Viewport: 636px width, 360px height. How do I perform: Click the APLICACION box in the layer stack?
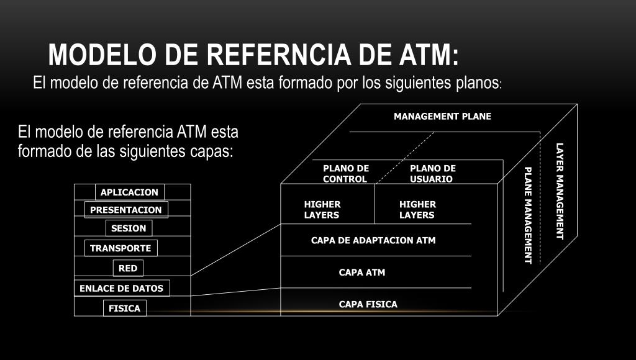coord(130,192)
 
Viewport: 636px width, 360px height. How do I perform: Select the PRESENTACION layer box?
coord(126,210)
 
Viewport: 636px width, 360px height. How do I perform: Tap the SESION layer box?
coord(129,228)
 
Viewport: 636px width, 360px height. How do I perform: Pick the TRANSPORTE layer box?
coord(121,248)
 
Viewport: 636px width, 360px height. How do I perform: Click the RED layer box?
coord(128,268)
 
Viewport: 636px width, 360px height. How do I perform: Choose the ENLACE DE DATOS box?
coord(122,288)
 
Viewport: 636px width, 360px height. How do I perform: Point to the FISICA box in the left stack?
coord(124,308)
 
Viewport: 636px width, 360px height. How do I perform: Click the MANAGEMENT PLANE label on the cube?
coord(442,117)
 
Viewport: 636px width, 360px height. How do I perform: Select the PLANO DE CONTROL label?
coord(345,174)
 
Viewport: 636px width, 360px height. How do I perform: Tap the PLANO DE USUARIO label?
coord(433,174)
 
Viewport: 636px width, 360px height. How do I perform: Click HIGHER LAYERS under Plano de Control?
coord(322,210)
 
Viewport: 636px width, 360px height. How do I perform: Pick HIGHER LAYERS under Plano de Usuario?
coord(417,210)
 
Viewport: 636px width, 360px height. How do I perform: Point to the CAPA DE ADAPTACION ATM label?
coord(373,240)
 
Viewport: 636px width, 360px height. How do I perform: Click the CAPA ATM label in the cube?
coord(362,272)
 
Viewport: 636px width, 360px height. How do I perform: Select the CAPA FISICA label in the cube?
coord(368,305)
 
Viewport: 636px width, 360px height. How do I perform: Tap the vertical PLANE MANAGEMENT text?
coord(528,215)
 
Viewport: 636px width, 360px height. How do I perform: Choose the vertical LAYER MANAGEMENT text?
coord(560,191)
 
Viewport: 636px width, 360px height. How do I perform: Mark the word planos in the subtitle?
coord(479,83)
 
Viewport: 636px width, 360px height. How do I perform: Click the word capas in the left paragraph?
coord(211,151)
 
